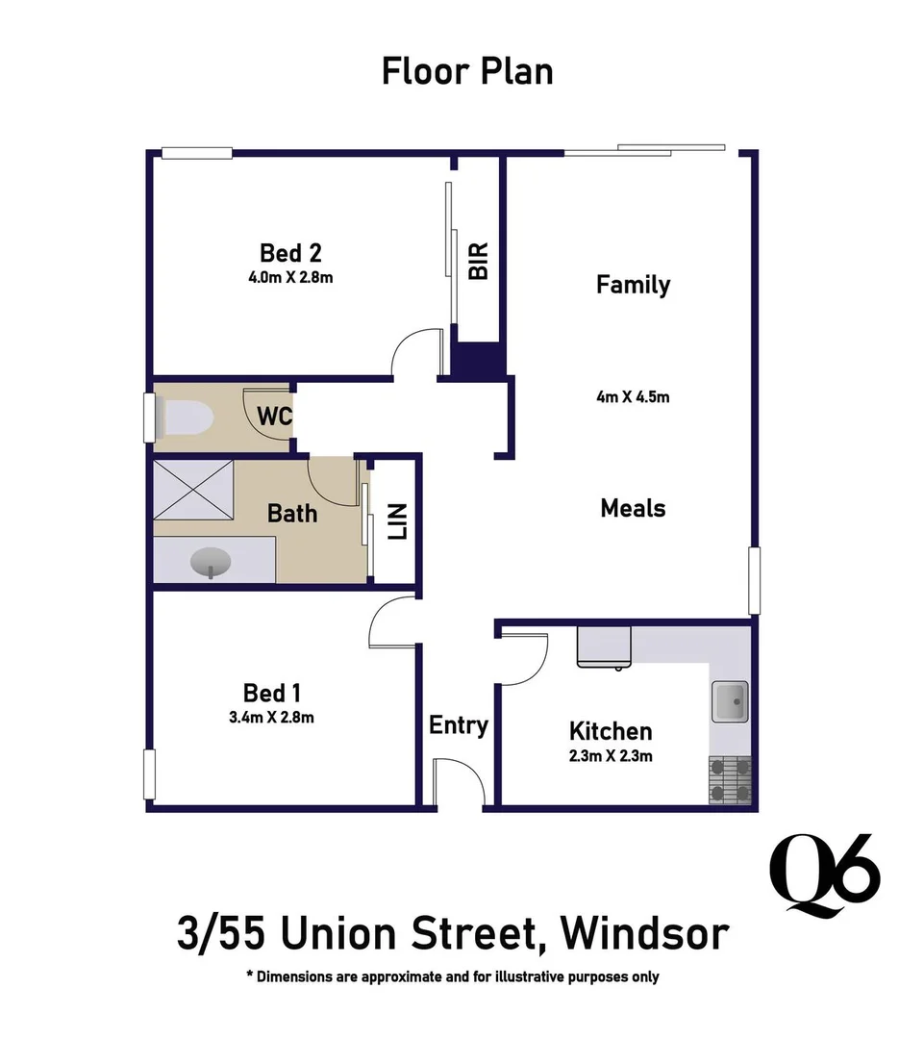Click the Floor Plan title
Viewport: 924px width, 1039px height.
[x=467, y=72]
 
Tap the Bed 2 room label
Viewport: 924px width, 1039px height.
[x=290, y=253]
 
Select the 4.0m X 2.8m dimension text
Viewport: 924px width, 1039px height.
[x=290, y=278]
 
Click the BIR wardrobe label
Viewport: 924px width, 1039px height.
[x=479, y=261]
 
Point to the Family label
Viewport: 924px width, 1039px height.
[x=633, y=285]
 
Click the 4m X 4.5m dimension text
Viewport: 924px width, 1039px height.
[x=633, y=396]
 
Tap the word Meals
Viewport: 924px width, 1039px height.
[x=633, y=508]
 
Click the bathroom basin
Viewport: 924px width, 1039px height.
[x=211, y=563]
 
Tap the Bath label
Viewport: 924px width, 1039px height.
[x=292, y=513]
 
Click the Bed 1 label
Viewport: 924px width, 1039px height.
[x=264, y=693]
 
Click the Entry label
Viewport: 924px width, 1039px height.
[x=458, y=725]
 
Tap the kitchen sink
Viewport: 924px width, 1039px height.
[x=730, y=702]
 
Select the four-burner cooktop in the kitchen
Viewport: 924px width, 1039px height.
[x=730, y=779]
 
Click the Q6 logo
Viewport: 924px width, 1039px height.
[x=827, y=874]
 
